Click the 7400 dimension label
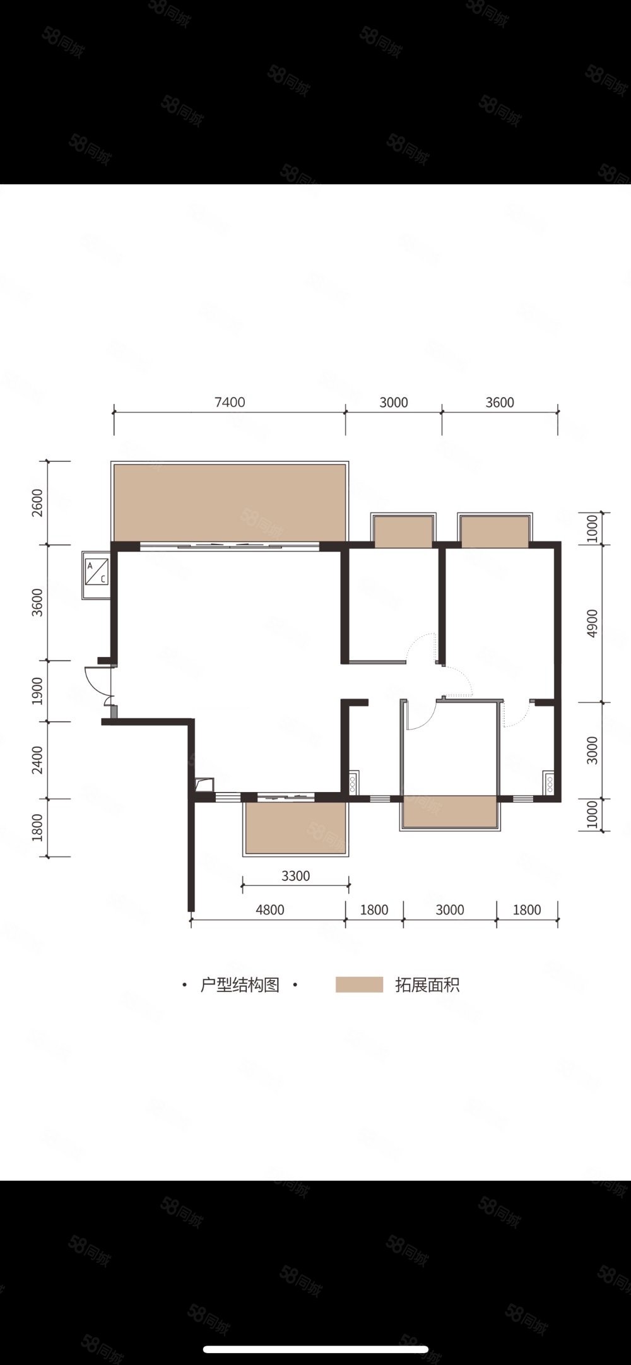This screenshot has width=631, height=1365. click(x=230, y=403)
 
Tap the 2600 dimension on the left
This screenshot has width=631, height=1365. click(x=37, y=503)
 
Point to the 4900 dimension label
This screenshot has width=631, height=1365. click(x=592, y=623)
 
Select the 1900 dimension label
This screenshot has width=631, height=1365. click(x=37, y=691)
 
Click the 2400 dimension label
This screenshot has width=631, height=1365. click(x=37, y=760)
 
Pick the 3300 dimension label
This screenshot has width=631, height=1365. click(x=295, y=876)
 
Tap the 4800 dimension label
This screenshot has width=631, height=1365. click(x=269, y=910)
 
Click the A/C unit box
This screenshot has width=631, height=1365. click(x=97, y=575)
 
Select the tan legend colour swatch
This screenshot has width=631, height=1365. click(x=359, y=984)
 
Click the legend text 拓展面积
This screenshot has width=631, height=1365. click(x=427, y=984)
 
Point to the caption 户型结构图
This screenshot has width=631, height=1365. click(x=240, y=984)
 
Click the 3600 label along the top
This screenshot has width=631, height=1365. click(x=500, y=403)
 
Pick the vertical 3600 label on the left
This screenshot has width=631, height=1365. click(x=37, y=603)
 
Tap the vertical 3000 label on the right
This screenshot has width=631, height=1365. click(x=592, y=750)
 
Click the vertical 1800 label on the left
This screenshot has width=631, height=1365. click(x=37, y=827)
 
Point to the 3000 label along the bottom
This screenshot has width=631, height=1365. click(x=450, y=910)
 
